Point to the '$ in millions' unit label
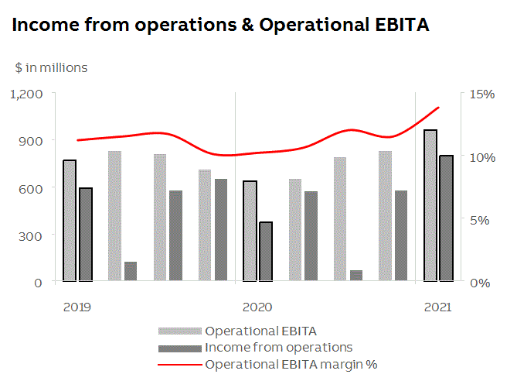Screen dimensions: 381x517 pyautogui.click(x=51, y=67)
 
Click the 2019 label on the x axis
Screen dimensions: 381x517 pyautogui.click(x=77, y=307)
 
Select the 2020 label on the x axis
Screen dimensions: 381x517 pyautogui.click(x=257, y=307)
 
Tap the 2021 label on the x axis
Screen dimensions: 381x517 pyautogui.click(x=437, y=307)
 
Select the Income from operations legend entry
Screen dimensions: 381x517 pyautogui.click(x=278, y=347)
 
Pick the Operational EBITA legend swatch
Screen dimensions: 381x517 pyautogui.click(x=180, y=332)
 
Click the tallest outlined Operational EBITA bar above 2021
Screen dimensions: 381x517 pyautogui.click(x=430, y=205)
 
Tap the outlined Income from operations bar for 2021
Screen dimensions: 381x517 pyautogui.click(x=446, y=218)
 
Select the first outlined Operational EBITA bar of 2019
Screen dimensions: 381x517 pyautogui.click(x=70, y=221)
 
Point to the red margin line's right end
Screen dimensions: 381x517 pyautogui.click(x=438, y=108)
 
